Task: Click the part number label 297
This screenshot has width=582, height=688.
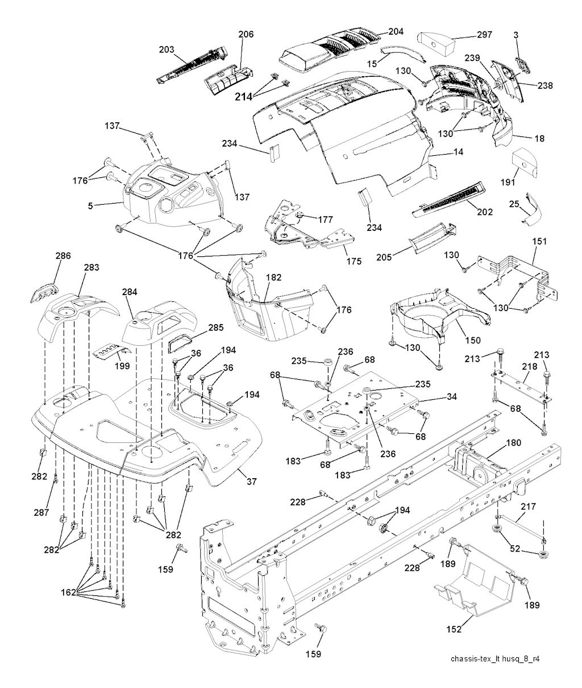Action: (469, 35)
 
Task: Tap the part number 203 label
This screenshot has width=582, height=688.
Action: (167, 49)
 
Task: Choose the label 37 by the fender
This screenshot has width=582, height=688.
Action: (251, 481)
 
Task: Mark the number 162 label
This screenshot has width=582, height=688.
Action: (68, 593)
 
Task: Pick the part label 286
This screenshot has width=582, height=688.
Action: (63, 256)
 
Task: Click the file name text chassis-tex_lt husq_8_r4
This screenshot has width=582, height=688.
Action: (494, 660)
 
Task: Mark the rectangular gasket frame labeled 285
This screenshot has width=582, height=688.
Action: (181, 345)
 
